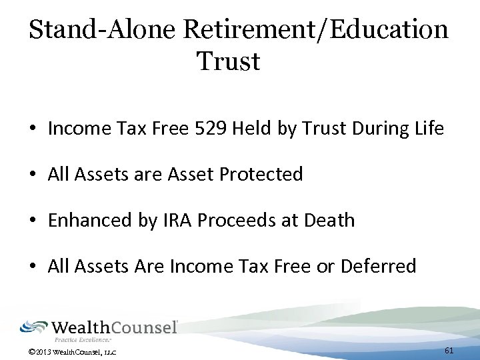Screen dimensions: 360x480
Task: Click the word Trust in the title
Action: (x=228, y=61)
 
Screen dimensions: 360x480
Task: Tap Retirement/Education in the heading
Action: (x=315, y=29)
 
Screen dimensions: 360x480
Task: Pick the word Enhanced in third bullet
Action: (x=89, y=220)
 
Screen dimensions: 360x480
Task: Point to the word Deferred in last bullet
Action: (x=378, y=266)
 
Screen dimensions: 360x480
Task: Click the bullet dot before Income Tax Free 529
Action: (x=33, y=129)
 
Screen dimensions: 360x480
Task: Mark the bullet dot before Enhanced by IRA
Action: (x=33, y=221)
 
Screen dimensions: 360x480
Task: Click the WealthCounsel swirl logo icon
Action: (x=34, y=327)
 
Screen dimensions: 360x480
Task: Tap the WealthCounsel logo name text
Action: (x=115, y=327)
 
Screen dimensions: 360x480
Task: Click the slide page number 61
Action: (x=449, y=351)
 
